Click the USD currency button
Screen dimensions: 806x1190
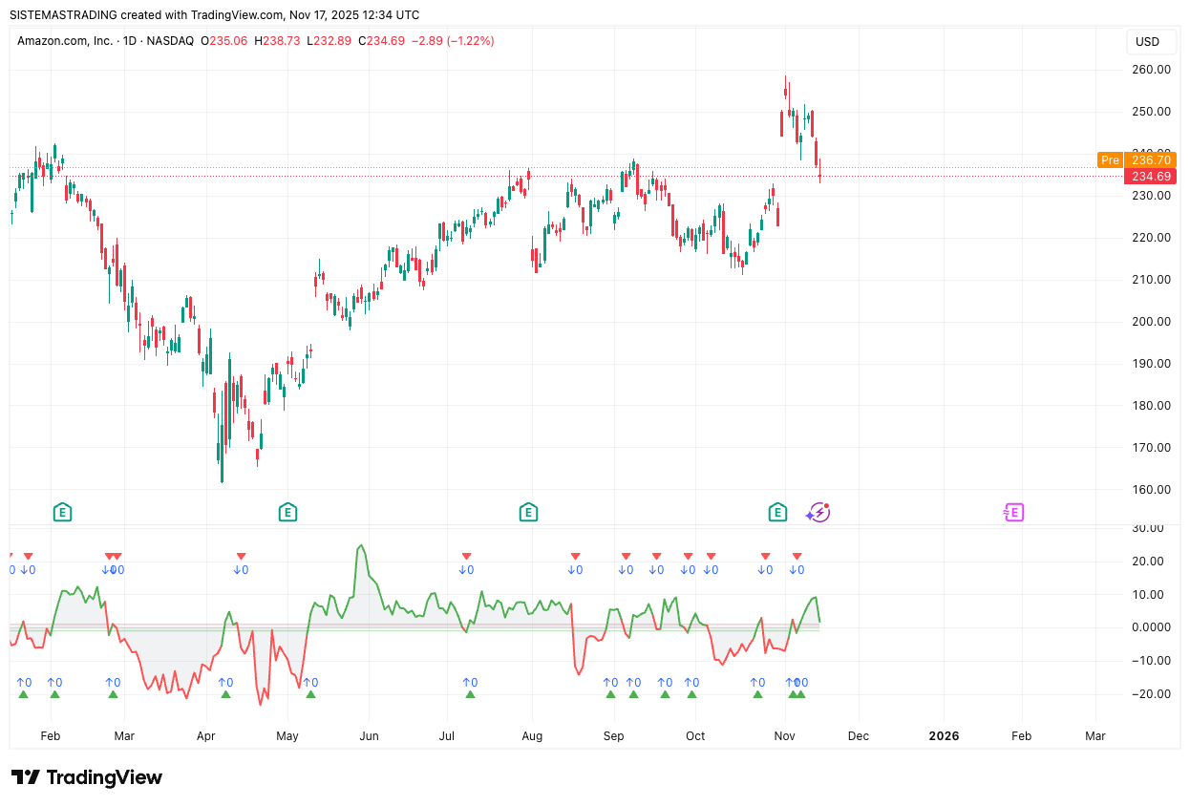tap(1147, 42)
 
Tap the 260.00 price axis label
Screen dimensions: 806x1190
tap(1151, 70)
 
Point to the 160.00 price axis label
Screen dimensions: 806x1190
tap(1151, 490)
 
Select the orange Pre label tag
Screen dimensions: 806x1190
tap(1109, 160)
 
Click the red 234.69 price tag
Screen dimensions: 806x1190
tap(1151, 177)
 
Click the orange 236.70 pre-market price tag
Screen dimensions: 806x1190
tap(1151, 160)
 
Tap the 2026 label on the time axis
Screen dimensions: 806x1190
tap(944, 736)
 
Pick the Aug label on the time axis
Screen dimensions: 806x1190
tap(532, 736)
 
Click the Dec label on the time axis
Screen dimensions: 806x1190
tap(858, 736)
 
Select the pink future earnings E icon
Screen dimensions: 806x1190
tap(1013, 513)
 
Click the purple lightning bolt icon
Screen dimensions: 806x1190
tap(818, 513)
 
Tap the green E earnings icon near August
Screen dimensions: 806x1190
tap(528, 513)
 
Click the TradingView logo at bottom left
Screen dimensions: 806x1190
tap(86, 778)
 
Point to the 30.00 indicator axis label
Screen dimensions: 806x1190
tap(1147, 528)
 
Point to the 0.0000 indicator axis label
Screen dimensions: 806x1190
tap(1147, 627)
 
